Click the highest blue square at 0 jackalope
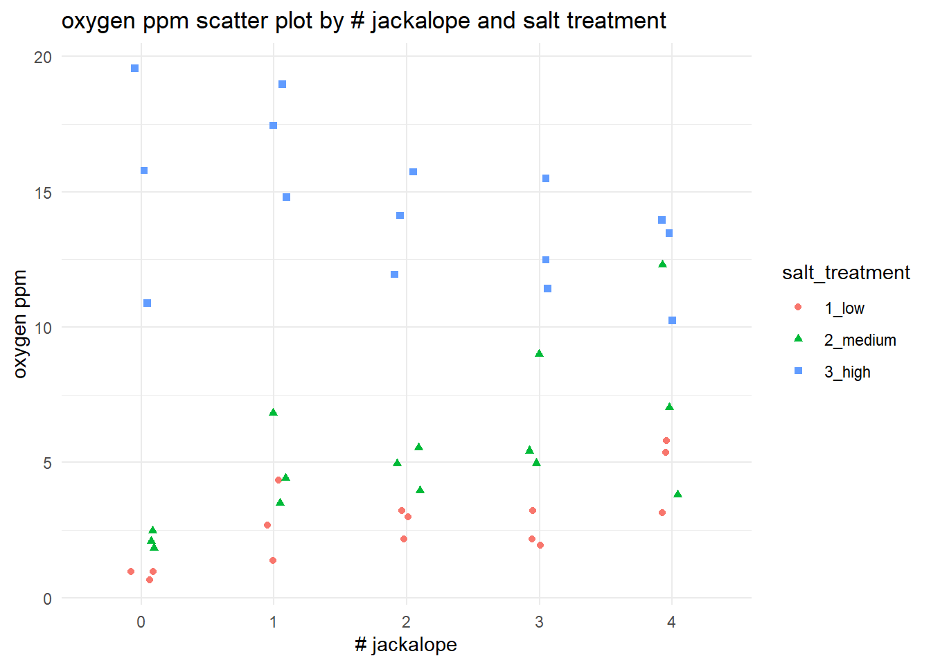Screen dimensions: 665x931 click(x=135, y=69)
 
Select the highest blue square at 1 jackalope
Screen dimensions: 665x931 click(x=283, y=85)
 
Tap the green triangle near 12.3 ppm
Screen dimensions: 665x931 click(x=662, y=264)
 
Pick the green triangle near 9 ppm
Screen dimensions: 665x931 click(x=540, y=353)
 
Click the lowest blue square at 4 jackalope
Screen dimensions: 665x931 click(x=672, y=321)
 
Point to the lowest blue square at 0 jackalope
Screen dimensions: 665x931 click(x=147, y=303)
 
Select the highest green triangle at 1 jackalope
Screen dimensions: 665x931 click(x=273, y=412)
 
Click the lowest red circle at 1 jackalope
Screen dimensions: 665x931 click(x=273, y=560)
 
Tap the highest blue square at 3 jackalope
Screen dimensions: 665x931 click(x=546, y=179)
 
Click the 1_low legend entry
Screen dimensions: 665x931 click(x=844, y=308)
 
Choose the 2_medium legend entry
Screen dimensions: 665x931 click(x=860, y=340)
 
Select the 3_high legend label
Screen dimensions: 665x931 click(x=847, y=372)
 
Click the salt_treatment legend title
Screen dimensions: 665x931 click(x=846, y=273)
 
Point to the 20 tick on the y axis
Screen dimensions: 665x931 click(x=43, y=57)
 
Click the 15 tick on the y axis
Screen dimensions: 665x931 click(x=43, y=193)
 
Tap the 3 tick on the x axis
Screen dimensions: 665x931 click(x=539, y=622)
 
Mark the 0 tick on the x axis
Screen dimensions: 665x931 click(x=141, y=622)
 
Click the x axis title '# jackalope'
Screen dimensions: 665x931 click(x=406, y=645)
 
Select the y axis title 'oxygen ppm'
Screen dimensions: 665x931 click(x=20, y=324)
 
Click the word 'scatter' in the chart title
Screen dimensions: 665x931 click(x=232, y=21)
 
